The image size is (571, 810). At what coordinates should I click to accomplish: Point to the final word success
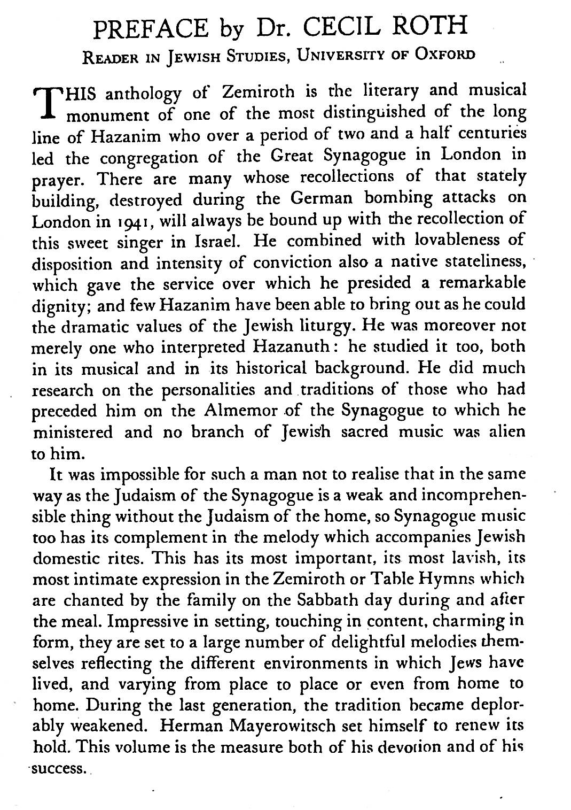click(59, 770)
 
